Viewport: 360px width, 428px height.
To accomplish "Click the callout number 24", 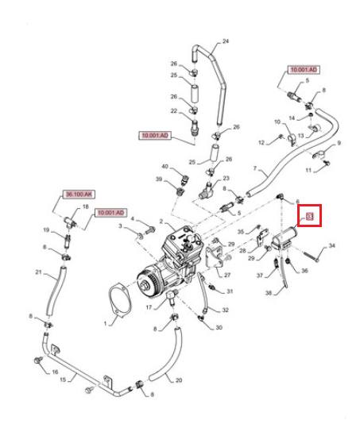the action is click(226, 41).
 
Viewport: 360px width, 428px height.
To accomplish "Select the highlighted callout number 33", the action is click(309, 217).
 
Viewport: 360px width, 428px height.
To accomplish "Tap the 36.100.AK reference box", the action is click(79, 195).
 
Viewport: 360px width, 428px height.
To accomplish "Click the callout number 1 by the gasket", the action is click(105, 323).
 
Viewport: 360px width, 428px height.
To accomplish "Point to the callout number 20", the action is click(179, 380).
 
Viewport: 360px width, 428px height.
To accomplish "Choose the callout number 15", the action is click(63, 380).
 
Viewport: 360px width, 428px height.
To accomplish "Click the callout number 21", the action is click(38, 272).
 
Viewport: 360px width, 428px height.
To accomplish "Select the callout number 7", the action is click(255, 168).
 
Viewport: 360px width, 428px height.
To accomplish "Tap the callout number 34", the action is click(331, 245).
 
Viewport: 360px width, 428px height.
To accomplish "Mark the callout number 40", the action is click(165, 167).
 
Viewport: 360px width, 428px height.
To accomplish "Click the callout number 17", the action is click(149, 307).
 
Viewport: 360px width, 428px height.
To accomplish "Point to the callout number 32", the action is click(225, 310).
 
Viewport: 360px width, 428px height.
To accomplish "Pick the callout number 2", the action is click(161, 221).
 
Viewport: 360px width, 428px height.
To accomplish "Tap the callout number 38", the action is click(269, 293).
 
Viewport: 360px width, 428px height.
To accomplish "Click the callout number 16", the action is click(55, 372).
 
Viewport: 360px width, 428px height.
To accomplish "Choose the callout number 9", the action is click(339, 143).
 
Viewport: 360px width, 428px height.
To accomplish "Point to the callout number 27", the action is click(227, 275).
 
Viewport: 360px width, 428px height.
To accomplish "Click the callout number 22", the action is click(174, 111).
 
